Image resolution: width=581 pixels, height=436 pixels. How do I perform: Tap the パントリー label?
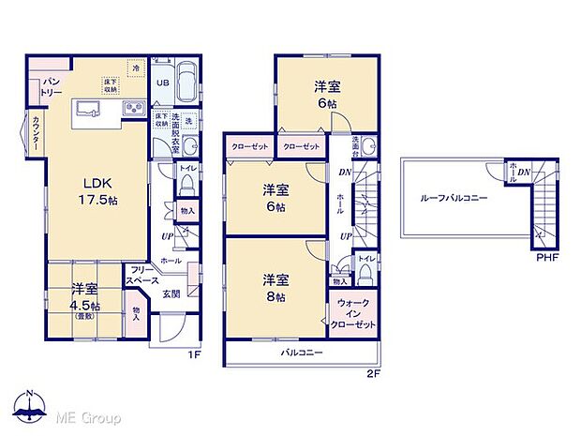(x=51, y=87)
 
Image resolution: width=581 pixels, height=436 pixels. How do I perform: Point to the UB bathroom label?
(x=161, y=81)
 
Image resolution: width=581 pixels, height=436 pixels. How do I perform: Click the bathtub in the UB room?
(x=186, y=83)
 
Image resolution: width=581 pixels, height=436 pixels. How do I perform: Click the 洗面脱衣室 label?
(x=175, y=131)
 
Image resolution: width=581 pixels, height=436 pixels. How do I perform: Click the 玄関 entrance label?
(x=172, y=293)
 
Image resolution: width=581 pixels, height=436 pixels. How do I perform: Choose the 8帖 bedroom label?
(x=274, y=287)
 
